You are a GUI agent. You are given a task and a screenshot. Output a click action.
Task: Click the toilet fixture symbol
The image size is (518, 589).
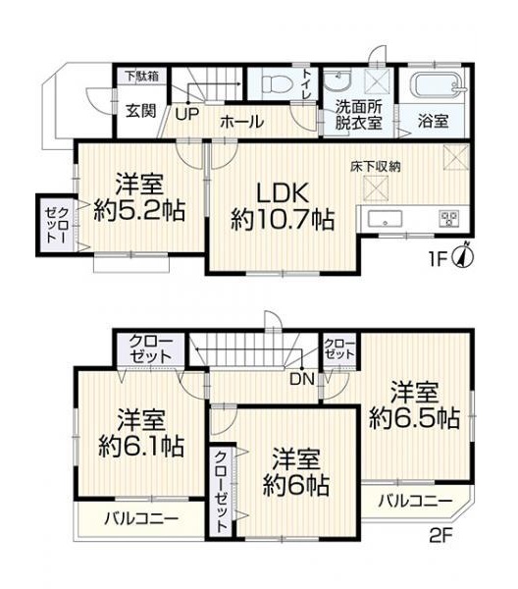278,83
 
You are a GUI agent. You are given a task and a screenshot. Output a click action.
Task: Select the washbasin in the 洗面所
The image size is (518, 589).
337,80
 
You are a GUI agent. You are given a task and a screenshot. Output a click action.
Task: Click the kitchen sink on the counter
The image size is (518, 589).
385,218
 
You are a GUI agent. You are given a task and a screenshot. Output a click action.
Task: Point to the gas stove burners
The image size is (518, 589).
449,218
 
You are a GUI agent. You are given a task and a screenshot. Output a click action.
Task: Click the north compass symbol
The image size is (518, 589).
464,256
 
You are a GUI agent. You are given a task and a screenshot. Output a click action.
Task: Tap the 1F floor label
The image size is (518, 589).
438,259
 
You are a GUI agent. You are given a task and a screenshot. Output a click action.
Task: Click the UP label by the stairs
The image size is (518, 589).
187,114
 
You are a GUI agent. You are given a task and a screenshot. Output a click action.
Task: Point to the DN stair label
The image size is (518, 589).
302,379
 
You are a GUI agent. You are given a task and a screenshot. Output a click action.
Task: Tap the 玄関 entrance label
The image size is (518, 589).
140,110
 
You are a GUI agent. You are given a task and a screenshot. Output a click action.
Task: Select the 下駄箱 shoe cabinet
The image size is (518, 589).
142,76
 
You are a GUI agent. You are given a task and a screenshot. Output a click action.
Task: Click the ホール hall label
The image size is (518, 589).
241,122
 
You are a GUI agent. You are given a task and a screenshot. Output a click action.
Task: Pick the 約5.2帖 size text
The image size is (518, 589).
139,211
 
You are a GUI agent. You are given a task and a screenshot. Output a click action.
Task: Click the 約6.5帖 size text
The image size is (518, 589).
414,418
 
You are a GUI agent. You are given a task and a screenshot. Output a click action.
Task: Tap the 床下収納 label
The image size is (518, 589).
376,167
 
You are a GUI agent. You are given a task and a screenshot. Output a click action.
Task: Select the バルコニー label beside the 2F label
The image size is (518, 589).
415,501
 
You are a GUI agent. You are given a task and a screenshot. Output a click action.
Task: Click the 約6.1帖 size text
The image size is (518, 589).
141,446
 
